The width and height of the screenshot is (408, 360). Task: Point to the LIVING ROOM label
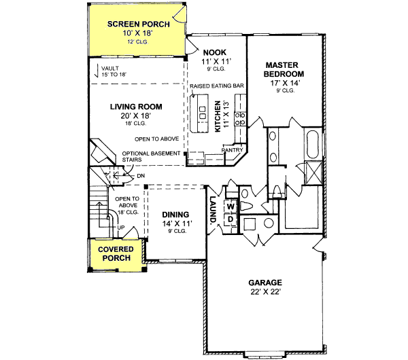tap(136, 107)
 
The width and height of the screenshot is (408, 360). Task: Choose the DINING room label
tap(177, 215)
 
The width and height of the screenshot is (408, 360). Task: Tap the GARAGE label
tap(265, 282)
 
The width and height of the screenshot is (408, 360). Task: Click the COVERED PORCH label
tap(116, 254)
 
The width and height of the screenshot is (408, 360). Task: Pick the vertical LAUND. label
tap(212, 211)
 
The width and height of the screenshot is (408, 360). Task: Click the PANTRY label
tap(232, 150)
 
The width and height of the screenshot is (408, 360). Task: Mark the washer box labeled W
tap(231, 205)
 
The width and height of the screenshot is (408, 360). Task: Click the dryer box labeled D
tap(231, 218)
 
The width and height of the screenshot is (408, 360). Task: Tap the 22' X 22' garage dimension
tap(265, 293)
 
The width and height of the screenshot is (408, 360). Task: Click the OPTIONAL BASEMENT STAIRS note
tap(152, 157)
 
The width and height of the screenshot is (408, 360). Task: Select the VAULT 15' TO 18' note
tap(115, 71)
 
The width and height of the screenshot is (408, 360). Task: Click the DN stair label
tap(140, 177)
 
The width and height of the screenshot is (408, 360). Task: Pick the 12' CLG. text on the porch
tap(136, 42)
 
